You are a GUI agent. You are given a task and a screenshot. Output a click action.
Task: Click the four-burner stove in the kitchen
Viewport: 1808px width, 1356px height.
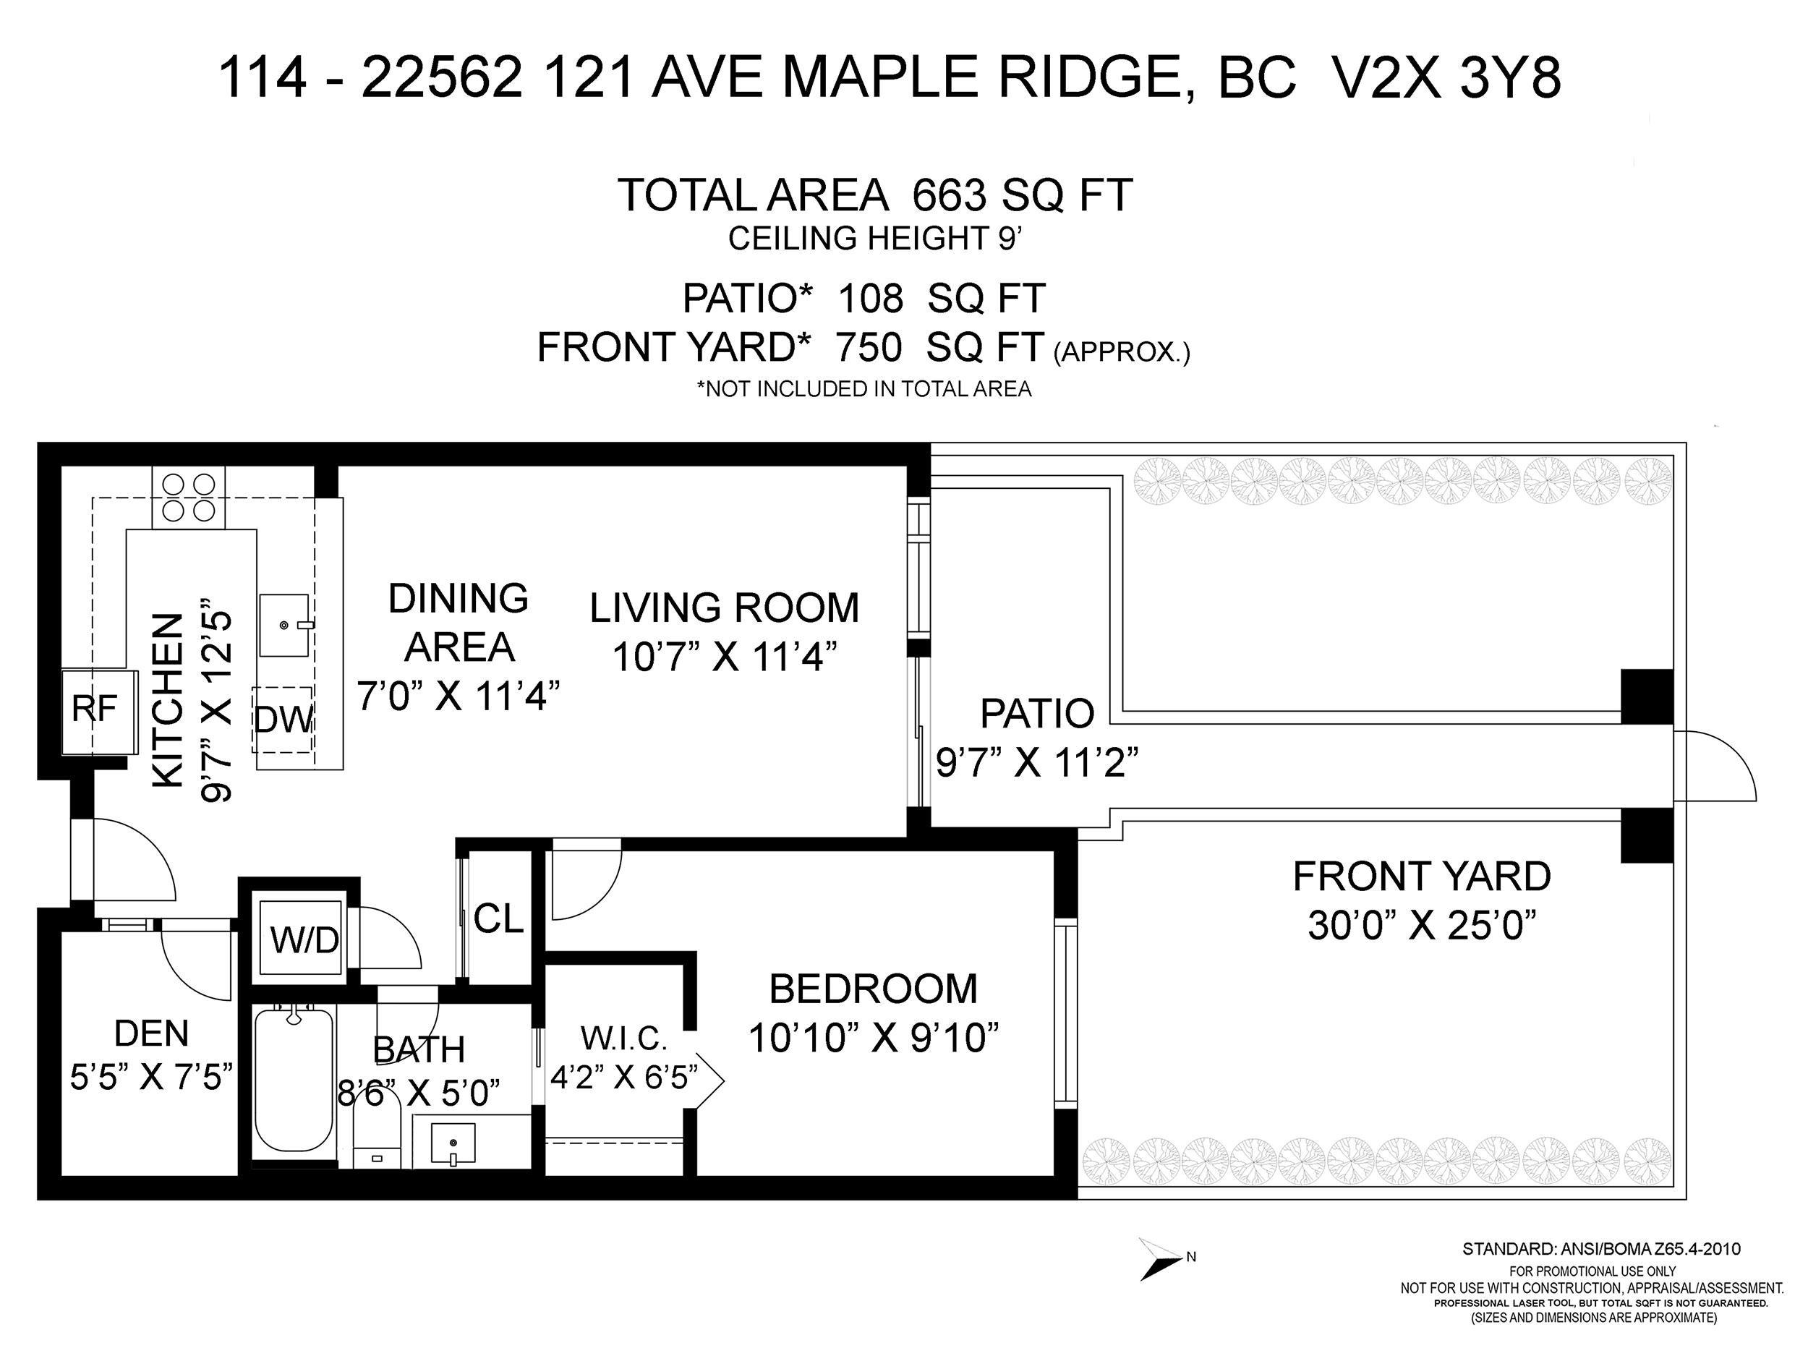click(x=189, y=498)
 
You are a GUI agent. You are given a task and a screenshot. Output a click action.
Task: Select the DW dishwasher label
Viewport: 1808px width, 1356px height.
click(x=283, y=720)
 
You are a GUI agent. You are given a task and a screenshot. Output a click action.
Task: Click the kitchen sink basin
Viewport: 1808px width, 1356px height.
click(x=284, y=626)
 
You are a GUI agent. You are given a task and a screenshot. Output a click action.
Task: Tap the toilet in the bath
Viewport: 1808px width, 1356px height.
click(x=377, y=1129)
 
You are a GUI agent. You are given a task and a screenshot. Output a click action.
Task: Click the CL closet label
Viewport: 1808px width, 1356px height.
click(x=498, y=918)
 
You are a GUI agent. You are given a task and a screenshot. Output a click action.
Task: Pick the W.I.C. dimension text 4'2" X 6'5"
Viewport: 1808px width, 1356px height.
click(x=624, y=1078)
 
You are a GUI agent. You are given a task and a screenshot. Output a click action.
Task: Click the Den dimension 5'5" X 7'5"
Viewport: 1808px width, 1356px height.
click(x=152, y=1078)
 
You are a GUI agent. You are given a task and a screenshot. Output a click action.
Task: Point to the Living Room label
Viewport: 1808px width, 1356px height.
click(x=725, y=608)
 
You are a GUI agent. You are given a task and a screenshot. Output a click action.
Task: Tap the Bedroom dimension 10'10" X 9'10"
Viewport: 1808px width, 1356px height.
click(x=874, y=1038)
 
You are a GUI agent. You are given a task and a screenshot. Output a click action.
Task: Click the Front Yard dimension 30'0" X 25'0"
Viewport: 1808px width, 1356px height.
click(x=1423, y=926)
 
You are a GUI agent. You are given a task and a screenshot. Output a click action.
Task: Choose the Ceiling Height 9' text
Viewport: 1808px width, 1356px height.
click(x=875, y=239)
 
